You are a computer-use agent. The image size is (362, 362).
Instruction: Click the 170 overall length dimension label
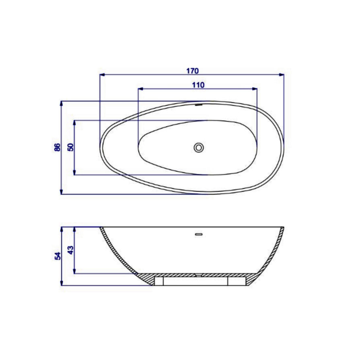(192, 71)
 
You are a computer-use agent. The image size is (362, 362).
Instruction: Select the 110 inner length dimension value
(198, 84)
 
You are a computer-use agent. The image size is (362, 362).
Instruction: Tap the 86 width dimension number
(58, 147)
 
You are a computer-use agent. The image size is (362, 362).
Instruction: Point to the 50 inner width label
(71, 147)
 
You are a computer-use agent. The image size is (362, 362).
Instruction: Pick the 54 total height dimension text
(58, 255)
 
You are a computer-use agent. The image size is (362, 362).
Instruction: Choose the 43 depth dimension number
(71, 250)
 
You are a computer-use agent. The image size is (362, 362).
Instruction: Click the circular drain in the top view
(198, 147)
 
